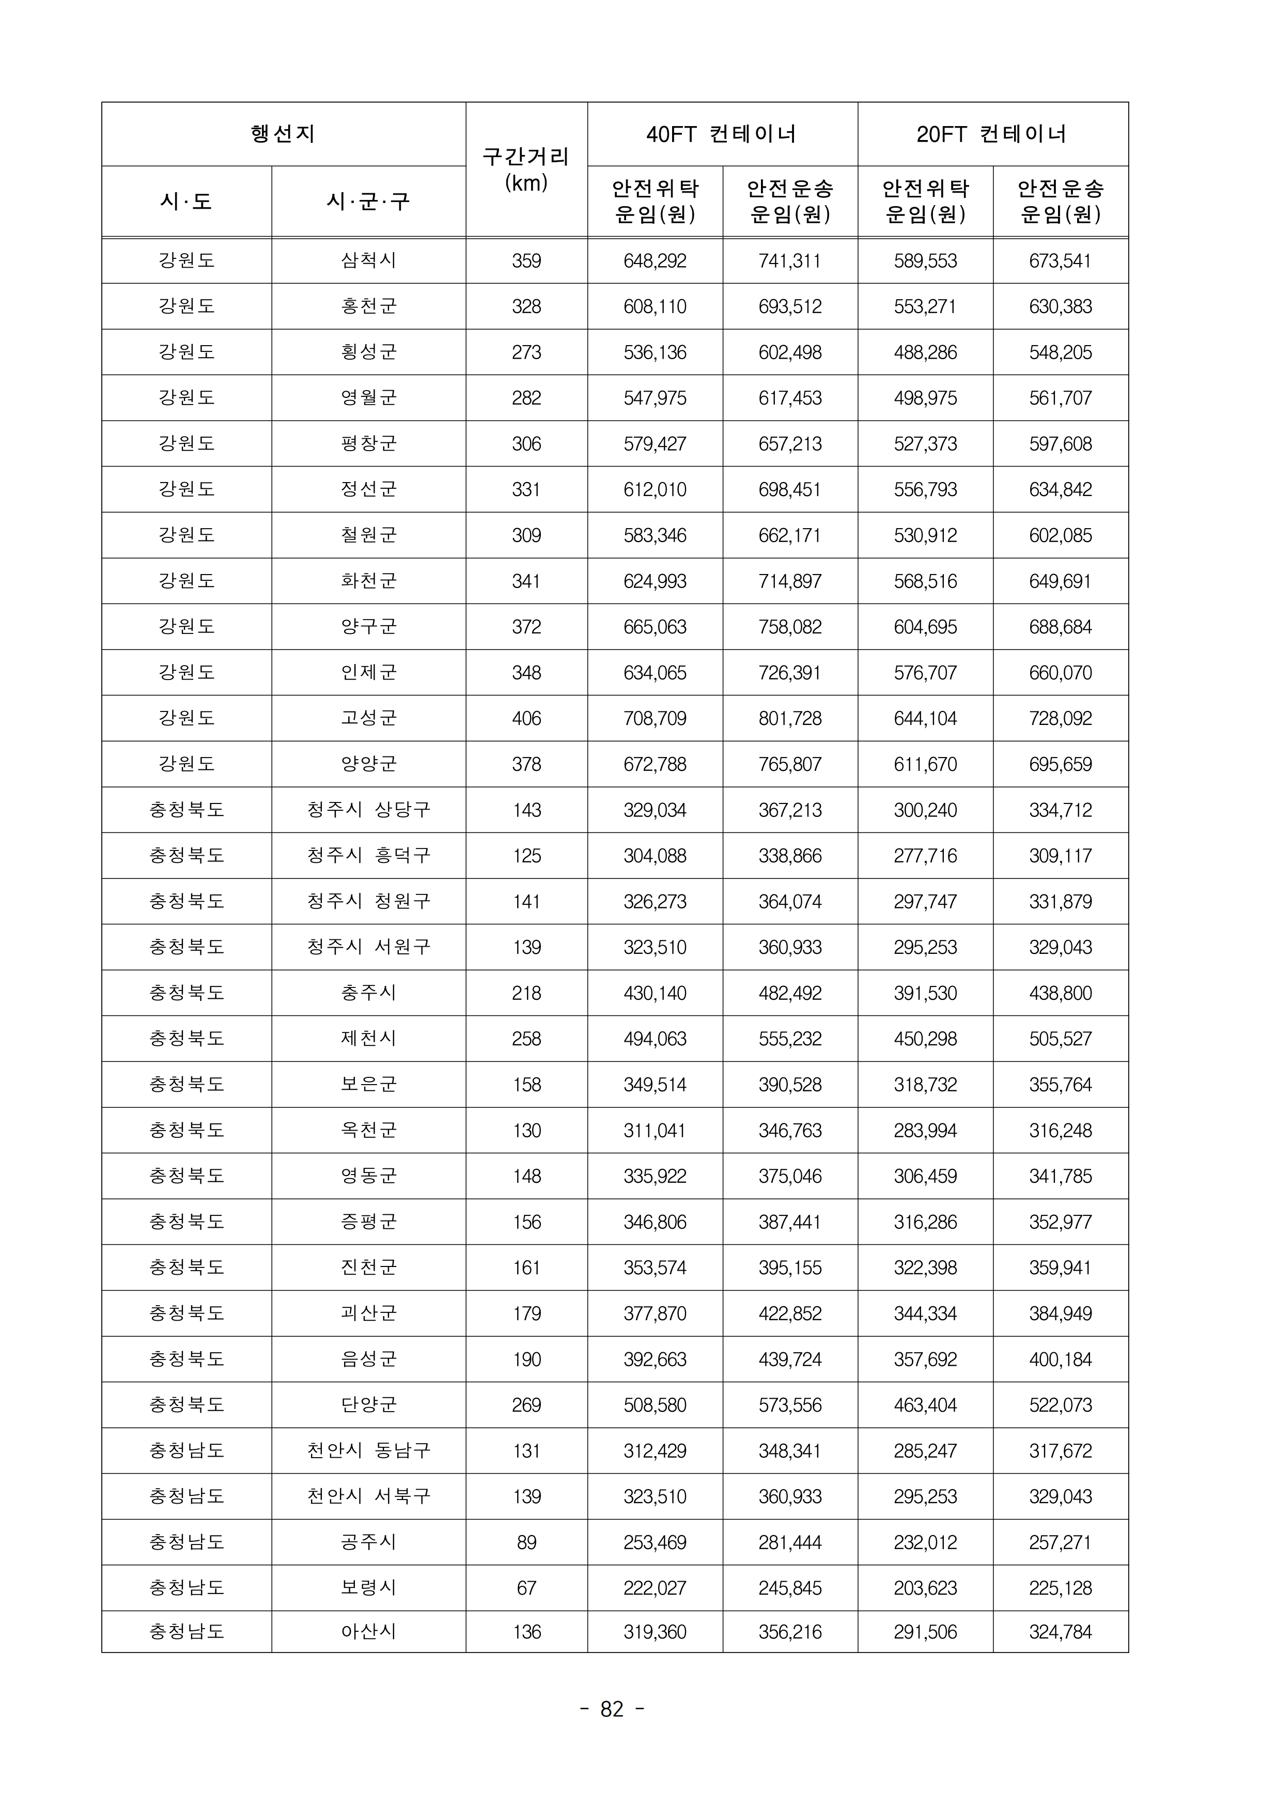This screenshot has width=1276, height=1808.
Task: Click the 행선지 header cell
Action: pyautogui.click(x=283, y=134)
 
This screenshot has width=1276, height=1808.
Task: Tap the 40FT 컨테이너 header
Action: pyautogui.click(x=722, y=134)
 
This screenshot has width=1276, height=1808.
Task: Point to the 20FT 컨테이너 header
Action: pyautogui.click(x=992, y=134)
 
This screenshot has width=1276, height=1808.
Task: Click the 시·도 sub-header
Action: pyautogui.click(x=186, y=202)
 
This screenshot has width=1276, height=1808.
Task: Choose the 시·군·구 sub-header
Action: pyautogui.click(x=368, y=202)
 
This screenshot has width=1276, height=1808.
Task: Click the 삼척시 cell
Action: pyautogui.click(x=368, y=260)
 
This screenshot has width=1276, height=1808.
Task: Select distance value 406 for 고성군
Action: pyautogui.click(x=526, y=718)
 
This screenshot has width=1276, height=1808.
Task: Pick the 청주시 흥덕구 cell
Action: pyautogui.click(x=368, y=855)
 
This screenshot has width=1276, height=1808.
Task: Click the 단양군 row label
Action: pyautogui.click(x=368, y=1405)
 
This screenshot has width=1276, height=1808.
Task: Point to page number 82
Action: pyautogui.click(x=612, y=1709)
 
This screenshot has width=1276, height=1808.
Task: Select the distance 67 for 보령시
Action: pyautogui.click(x=526, y=1587)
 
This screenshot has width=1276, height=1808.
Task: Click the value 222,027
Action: pyautogui.click(x=655, y=1587)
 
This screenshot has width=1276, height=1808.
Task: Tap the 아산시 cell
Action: pyautogui.click(x=368, y=1632)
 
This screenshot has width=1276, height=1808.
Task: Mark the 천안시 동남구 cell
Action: pyautogui.click(x=368, y=1450)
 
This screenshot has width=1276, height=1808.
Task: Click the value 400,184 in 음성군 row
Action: pyautogui.click(x=1060, y=1359)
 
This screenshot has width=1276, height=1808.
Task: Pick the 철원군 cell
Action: pyautogui.click(x=368, y=535)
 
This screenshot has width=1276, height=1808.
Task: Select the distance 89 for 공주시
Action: pyautogui.click(x=526, y=1542)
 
